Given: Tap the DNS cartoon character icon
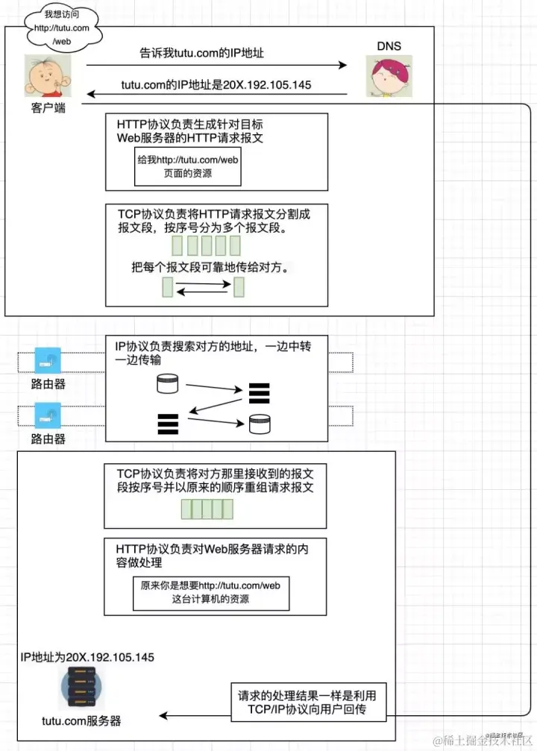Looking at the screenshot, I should pos(388,77).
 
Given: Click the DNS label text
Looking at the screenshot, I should pos(388,46).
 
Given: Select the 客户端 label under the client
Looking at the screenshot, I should pos(48,108).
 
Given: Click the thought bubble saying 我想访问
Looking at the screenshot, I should pos(61,28).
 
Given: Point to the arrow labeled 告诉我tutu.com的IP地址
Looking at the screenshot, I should pos(216,66).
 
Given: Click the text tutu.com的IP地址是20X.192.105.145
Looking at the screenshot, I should pos(216,84).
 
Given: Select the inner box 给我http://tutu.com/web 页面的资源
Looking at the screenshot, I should pos(188,166).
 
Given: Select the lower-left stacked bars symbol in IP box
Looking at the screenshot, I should pos(168,423).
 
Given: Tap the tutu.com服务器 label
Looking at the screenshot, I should pos(81,721).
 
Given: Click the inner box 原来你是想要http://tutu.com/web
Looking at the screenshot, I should pos(210,592).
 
